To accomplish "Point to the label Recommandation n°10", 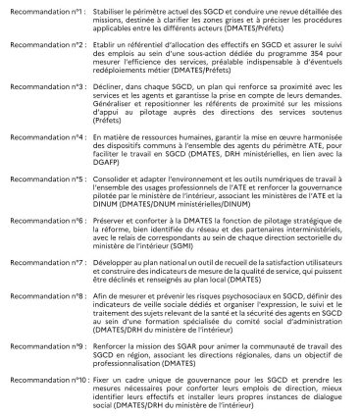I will [x=40, y=378].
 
